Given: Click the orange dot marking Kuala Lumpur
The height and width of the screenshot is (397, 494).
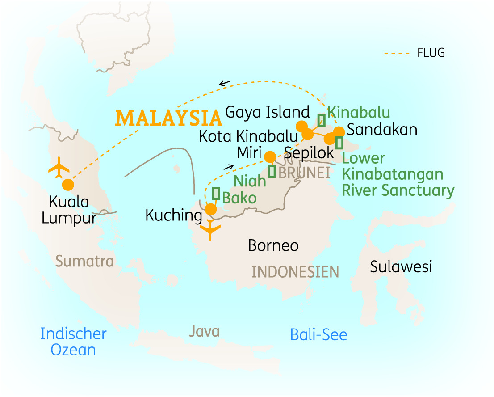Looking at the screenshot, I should [68, 184].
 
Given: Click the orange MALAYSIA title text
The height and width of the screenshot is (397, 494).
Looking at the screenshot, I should [169, 118].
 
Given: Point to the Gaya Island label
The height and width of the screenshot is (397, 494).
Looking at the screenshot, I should [267, 112].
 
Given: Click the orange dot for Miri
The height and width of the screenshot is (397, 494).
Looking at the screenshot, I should [270, 156].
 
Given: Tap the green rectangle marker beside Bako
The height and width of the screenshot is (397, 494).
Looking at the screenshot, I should [216, 193].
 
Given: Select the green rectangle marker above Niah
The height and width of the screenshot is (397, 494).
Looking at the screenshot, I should [272, 171].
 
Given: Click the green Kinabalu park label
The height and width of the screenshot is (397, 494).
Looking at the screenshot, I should [359, 112].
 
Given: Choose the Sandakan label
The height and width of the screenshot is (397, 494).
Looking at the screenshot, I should [382, 130].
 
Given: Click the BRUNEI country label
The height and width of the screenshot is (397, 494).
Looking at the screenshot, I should [304, 173].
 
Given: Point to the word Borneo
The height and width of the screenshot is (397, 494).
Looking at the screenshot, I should [273, 245].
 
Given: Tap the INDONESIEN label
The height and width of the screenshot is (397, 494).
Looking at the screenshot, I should [295, 271].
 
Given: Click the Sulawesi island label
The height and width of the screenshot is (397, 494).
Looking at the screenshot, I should [401, 267].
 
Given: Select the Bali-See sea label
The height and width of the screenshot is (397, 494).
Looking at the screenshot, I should [318, 334].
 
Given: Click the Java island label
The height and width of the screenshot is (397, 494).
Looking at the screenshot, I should [204, 331].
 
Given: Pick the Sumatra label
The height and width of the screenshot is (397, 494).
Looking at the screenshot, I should [85, 261].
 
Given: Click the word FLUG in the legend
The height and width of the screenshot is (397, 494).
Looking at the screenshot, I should [431, 53].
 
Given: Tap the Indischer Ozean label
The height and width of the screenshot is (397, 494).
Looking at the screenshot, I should [73, 342].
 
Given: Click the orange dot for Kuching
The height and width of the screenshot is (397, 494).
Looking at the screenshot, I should [210, 209].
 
